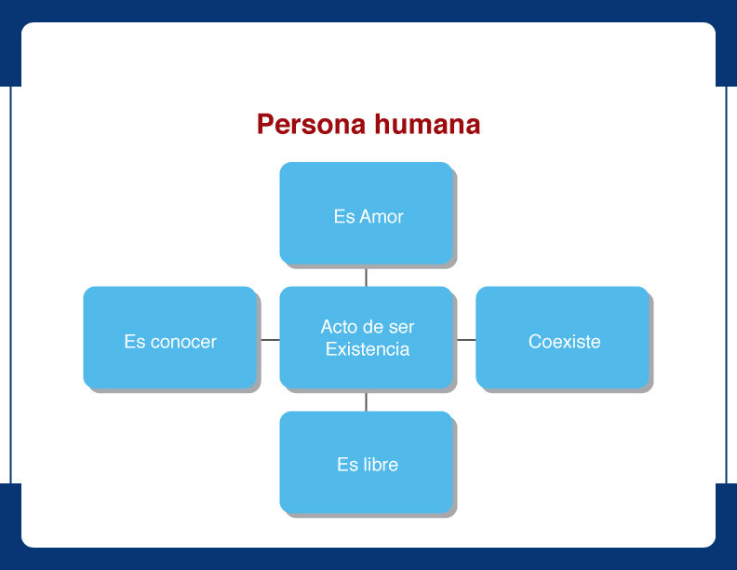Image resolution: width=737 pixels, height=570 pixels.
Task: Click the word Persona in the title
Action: click(x=311, y=125)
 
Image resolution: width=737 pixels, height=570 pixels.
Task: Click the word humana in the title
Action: click(x=427, y=124)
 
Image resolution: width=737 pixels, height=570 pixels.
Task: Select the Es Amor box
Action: click(x=366, y=213)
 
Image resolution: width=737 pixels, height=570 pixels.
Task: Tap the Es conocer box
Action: click(x=170, y=338)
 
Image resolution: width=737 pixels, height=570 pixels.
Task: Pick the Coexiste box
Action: click(x=562, y=338)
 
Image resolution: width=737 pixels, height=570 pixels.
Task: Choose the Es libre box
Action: click(x=366, y=462)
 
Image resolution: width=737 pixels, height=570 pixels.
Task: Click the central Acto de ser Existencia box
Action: click(x=366, y=338)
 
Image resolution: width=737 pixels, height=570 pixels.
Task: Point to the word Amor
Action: click(x=382, y=217)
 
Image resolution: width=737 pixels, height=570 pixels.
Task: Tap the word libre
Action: click(x=381, y=465)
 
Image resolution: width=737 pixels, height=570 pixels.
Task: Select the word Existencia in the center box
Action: click(x=368, y=349)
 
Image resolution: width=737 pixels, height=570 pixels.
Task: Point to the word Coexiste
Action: click(x=565, y=342)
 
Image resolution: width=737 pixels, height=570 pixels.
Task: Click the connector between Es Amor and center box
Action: click(x=366, y=277)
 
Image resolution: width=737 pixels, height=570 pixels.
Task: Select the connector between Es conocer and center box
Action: click(x=270, y=340)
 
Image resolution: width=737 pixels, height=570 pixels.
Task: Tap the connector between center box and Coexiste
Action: click(x=466, y=340)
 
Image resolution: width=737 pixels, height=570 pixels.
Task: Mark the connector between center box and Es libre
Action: click(x=366, y=401)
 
